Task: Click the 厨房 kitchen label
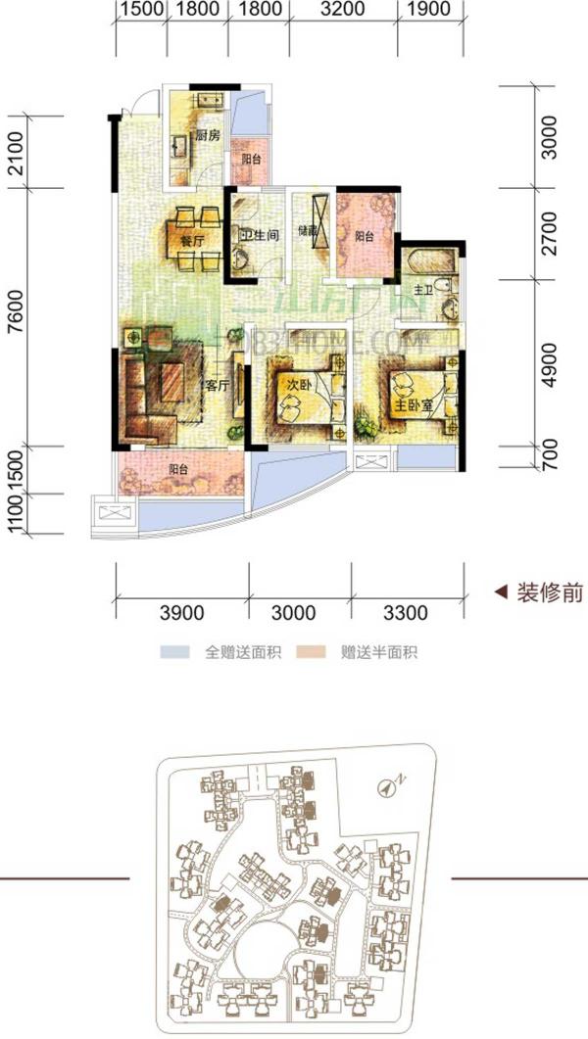206,136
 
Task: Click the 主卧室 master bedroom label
410,404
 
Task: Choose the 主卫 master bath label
422,290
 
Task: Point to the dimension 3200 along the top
342,11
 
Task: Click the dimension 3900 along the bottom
181,614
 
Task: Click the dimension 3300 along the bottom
406,614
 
